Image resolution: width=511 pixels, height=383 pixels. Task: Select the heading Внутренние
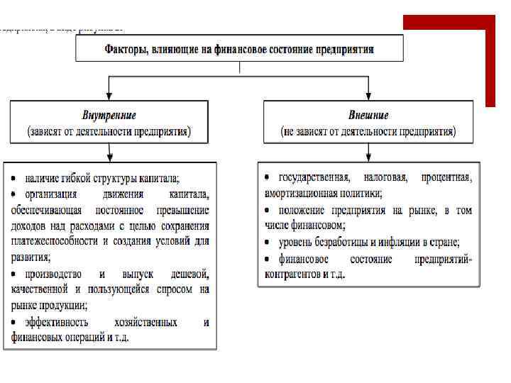(109, 115)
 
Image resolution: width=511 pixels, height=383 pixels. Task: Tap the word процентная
(446, 177)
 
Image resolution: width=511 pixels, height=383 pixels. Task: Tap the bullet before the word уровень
(267, 242)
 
